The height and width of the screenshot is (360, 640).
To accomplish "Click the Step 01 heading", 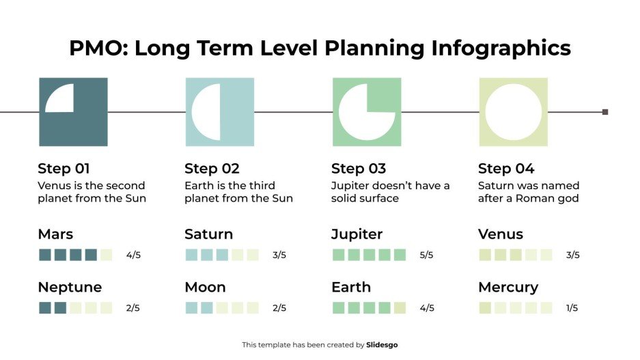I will [64, 169].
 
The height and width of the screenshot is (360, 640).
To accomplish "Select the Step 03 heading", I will [359, 169].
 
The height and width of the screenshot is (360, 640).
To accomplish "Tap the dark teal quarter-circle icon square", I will [73, 111].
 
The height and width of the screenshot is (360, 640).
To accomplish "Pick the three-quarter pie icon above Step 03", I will [367, 111].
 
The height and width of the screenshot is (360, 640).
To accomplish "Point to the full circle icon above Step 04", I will [513, 111].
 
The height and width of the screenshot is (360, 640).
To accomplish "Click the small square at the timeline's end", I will [605, 112].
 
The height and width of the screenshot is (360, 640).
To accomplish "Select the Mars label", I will [55, 234].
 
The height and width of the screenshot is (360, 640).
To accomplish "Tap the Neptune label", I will [70, 287].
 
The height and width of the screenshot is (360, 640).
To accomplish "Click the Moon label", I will [205, 287].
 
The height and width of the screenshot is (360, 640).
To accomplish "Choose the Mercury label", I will [508, 287].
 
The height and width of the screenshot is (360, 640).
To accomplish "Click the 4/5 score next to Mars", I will [133, 255].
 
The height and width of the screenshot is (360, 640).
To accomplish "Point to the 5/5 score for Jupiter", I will [427, 255].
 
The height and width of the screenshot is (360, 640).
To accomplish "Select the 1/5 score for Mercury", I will [572, 308].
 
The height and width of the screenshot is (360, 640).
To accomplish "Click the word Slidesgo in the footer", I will [382, 345].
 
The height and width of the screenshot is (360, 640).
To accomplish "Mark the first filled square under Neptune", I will [45, 308].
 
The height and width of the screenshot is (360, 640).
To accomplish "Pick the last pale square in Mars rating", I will [106, 255].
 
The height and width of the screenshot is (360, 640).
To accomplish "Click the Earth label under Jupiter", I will [351, 287].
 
